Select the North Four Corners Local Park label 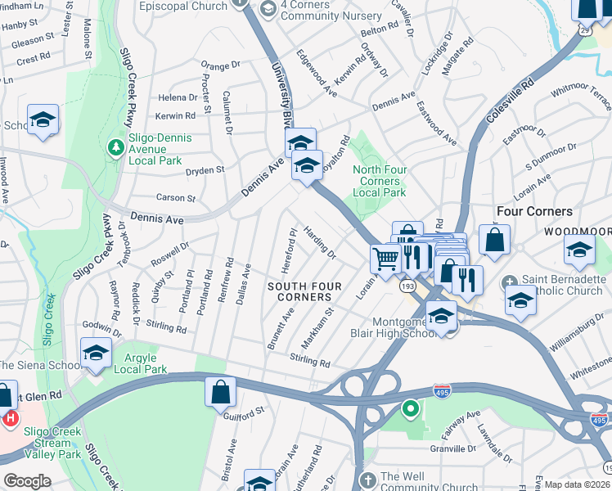pos(379,181)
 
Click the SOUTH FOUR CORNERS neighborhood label pos(299,291)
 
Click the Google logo pos(27,481)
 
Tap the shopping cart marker pos(385,259)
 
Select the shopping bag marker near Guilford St pos(221,390)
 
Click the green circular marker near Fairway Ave pos(411,407)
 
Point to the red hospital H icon pos(11,419)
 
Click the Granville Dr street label pos(454,448)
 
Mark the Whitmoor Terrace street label pos(582,101)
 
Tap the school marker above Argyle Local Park pos(97,353)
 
